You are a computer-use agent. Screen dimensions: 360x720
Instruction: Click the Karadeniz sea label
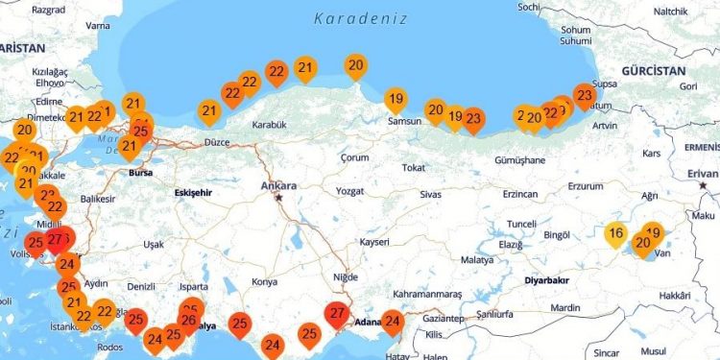[x=360, y=18]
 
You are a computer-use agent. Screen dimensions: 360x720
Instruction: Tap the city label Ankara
[x=278, y=185]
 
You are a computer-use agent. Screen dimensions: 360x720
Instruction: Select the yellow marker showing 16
[x=616, y=233]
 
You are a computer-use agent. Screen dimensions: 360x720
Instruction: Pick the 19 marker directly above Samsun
[x=395, y=99]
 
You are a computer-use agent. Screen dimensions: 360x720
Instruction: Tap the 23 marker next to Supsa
[x=584, y=95]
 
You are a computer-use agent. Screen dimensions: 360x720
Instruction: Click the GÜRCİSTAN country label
[x=652, y=72]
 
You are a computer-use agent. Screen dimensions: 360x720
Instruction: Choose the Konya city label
[x=263, y=281]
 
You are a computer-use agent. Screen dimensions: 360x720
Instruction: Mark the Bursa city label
[x=140, y=173]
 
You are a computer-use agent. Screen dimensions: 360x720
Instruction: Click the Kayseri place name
[x=373, y=242]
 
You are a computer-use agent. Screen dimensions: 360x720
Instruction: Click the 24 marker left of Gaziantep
[x=393, y=322]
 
